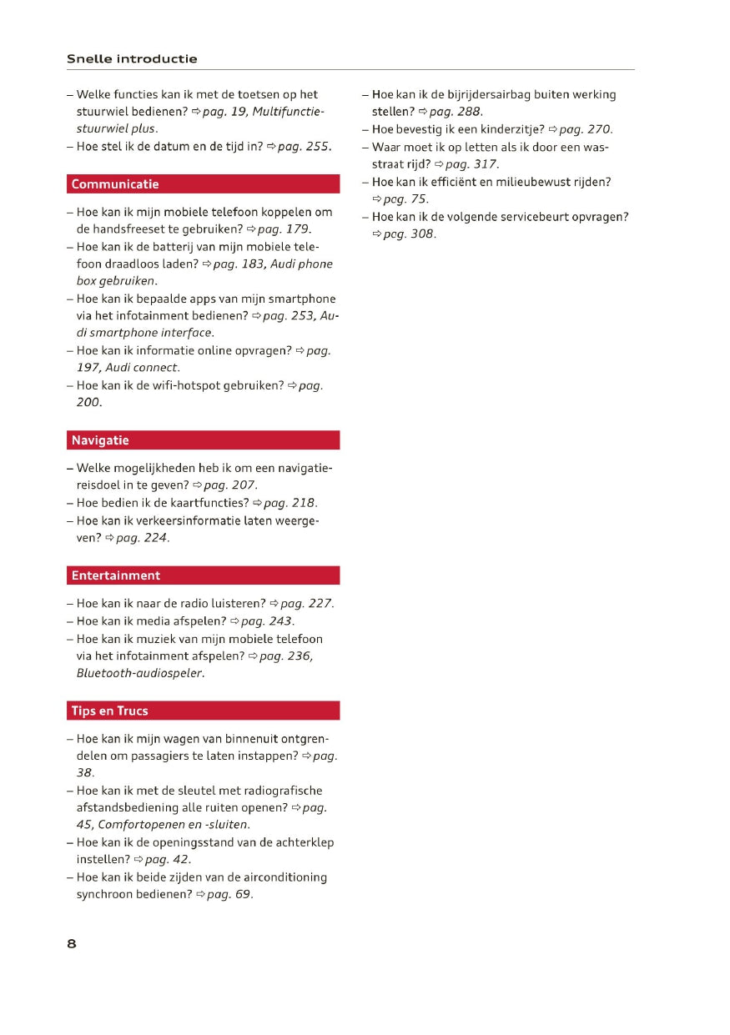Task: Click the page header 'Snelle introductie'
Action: pyautogui.click(x=132, y=59)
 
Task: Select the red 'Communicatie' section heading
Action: pyautogui.click(x=115, y=184)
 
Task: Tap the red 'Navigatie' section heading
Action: pyautogui.click(x=100, y=440)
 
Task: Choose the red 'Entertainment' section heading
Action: pyautogui.click(x=116, y=575)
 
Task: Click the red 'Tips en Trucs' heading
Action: pyautogui.click(x=109, y=711)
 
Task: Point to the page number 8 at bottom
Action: pyautogui.click(x=72, y=944)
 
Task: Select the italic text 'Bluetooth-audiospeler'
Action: pyautogui.click(x=139, y=673)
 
